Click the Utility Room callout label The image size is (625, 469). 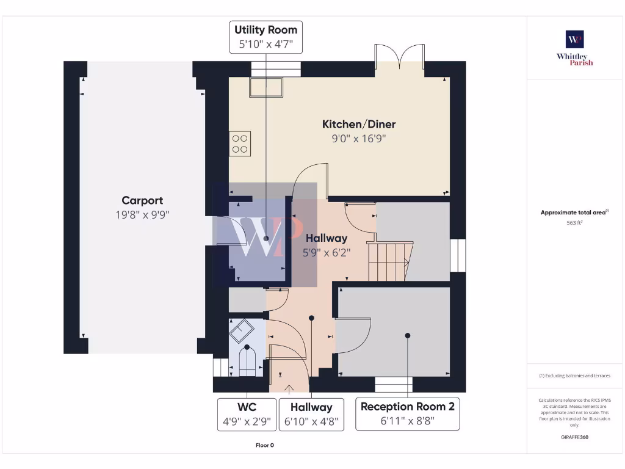266,37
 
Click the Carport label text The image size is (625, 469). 142,200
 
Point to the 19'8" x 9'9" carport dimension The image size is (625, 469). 142,214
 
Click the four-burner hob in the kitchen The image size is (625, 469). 240,144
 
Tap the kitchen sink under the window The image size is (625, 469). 266,87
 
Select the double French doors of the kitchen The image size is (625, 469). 399,59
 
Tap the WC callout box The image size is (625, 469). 247,415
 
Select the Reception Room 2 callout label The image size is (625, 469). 408,415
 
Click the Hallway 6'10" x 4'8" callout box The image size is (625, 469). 311,415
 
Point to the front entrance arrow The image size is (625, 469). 289,387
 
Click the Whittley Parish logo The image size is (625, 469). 574,48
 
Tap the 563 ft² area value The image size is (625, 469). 574,223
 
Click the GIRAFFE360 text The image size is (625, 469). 574,437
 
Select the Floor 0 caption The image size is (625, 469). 264,445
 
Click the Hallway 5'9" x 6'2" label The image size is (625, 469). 327,244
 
